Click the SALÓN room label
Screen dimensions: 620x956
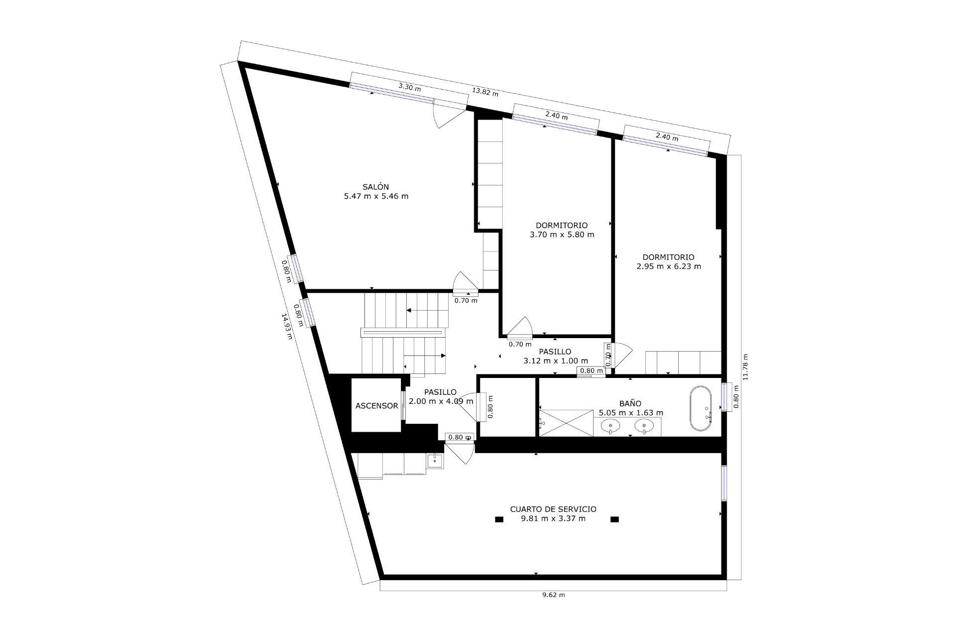(375, 187)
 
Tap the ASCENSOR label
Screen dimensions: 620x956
(376, 406)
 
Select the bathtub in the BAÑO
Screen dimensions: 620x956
(701, 408)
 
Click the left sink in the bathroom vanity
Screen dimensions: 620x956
(610, 426)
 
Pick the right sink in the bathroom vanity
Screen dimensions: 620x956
(644, 426)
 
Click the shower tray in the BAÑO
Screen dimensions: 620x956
(566, 423)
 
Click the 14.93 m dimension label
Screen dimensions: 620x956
(287, 326)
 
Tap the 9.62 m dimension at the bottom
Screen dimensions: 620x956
(553, 595)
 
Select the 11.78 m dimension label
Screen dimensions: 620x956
(745, 367)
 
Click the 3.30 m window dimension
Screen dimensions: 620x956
(409, 87)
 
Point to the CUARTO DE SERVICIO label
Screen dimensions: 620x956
(553, 509)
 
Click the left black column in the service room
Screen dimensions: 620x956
(499, 519)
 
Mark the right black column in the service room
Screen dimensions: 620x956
(614, 519)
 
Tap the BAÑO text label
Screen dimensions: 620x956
(630, 403)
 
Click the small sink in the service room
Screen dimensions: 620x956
(435, 461)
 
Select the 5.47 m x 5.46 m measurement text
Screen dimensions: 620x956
(376, 196)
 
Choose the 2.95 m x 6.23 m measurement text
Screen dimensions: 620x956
(668, 266)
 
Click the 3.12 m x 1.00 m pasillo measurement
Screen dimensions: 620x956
(556, 361)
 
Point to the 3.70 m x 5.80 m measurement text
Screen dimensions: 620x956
(562, 235)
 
